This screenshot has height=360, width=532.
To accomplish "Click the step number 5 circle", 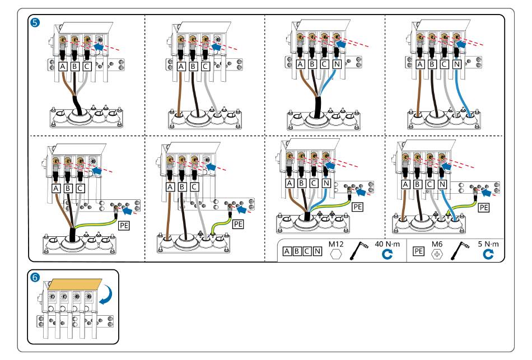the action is (35, 23).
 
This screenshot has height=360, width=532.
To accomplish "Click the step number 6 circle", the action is (35, 278).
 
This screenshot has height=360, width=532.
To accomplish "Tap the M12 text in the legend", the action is (336, 244).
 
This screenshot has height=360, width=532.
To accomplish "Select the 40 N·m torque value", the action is (387, 244).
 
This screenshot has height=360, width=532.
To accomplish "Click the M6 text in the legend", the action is (437, 244).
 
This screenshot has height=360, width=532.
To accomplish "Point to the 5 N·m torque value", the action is (488, 244).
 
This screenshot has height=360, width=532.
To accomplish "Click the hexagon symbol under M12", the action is (336, 254).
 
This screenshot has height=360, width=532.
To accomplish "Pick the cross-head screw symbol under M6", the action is (437, 254).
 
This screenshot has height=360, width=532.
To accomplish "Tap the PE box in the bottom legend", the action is (418, 251).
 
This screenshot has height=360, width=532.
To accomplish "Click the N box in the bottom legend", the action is (317, 251).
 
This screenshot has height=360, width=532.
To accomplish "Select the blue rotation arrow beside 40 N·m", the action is (387, 254).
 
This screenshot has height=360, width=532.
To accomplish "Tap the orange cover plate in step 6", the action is (74, 284).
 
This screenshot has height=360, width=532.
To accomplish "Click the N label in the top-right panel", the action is (456, 64).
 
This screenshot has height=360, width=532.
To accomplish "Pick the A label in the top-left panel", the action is (62, 66).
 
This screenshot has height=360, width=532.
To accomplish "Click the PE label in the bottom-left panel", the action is (124, 225).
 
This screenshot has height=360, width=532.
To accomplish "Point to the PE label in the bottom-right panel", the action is (483, 207).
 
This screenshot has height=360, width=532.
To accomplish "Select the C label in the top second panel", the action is (205, 66).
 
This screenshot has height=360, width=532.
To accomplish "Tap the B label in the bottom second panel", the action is (182, 186).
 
